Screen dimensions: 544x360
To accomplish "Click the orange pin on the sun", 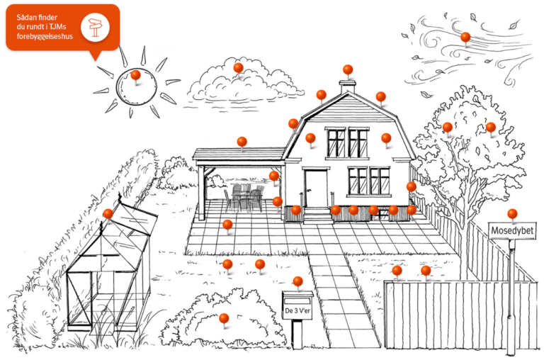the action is click(135, 75).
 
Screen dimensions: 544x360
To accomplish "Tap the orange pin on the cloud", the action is click(238, 68).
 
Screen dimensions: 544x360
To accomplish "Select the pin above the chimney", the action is click(348, 69).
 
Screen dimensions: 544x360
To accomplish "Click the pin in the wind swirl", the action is click(465, 37).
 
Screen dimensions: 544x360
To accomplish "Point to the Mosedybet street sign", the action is click(512, 231).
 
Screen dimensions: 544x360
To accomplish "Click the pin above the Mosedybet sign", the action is click(512, 214).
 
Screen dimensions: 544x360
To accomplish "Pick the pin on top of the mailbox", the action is click(297, 281).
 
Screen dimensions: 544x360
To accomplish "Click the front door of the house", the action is click(316, 189).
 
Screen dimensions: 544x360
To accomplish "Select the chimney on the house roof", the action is click(348, 86).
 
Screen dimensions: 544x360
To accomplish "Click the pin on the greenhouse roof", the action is click(108, 213).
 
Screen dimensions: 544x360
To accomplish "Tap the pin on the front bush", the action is click(224, 318).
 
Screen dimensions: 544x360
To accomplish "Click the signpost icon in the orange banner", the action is click(95, 28).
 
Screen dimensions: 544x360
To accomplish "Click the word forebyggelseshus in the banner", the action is click(45, 36).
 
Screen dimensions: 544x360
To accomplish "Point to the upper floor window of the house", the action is click(347, 143).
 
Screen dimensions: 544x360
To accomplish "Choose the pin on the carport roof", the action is click(242, 142).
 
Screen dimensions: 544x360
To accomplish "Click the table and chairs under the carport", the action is click(244, 198).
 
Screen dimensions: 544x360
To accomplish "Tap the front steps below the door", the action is click(318, 215).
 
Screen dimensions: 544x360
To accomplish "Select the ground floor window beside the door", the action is click(369, 181).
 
